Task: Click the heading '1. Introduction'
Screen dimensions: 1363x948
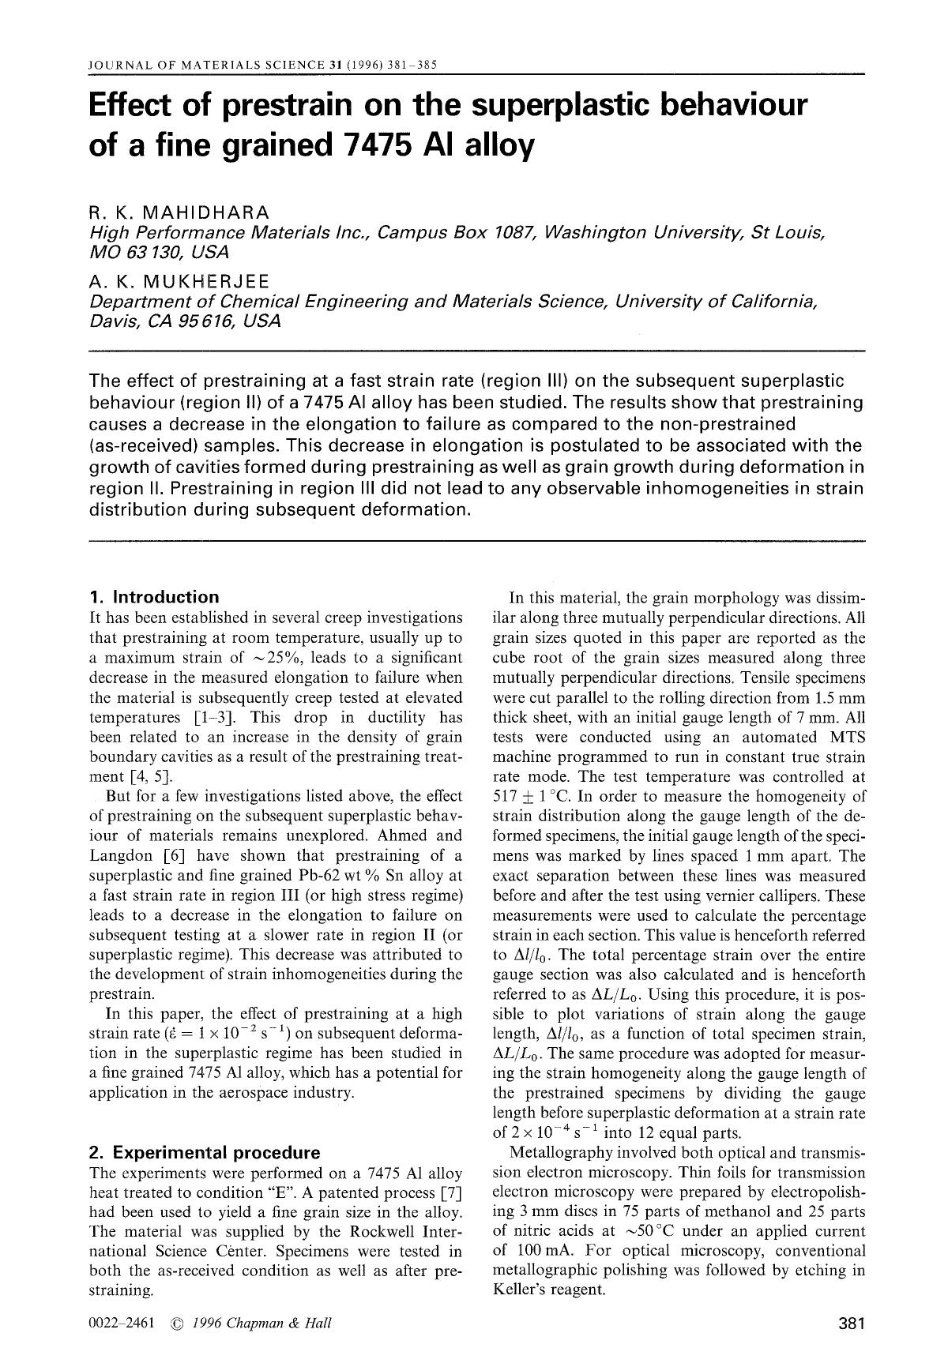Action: coord(154,597)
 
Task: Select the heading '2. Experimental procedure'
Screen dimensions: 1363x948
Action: coord(205,1152)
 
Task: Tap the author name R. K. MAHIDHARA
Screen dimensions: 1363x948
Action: coord(180,212)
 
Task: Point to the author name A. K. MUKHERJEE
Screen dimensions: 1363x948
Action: coord(180,282)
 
